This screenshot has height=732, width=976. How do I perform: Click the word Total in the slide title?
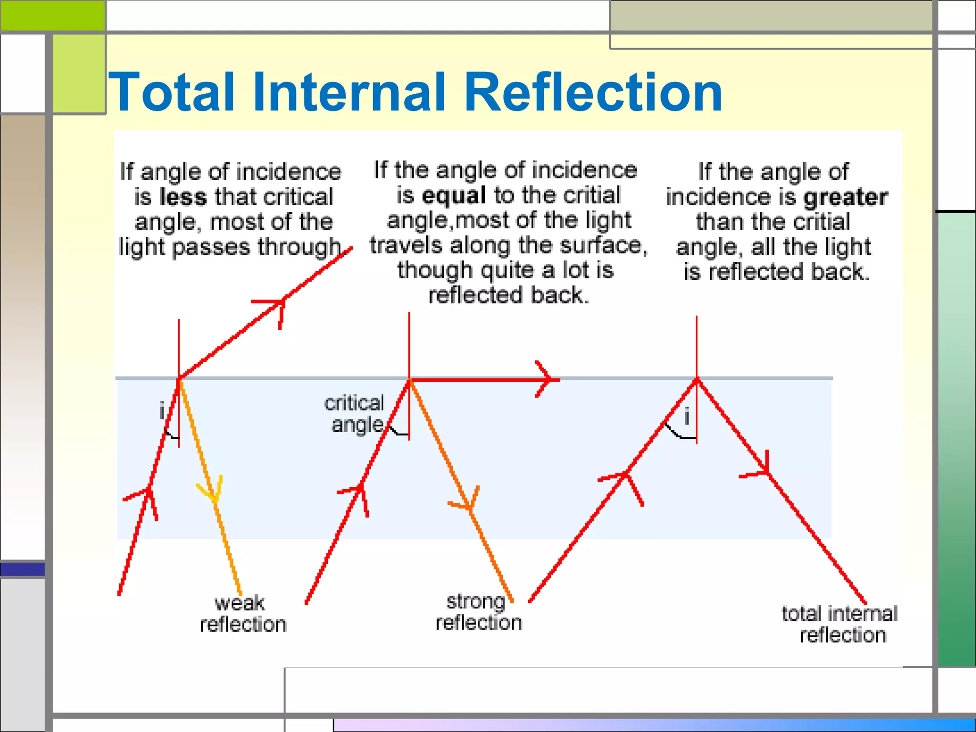tap(172, 92)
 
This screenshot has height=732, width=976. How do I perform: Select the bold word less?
tap(183, 197)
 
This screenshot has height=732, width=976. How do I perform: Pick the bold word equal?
tap(454, 195)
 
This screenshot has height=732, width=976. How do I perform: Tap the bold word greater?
tap(845, 197)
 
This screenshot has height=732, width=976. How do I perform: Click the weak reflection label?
tap(242, 614)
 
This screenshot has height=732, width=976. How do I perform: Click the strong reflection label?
tap(478, 612)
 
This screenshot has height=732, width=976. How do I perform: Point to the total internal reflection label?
tap(840, 624)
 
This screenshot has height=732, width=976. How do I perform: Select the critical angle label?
tap(355, 414)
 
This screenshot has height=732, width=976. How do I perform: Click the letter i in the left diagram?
tap(162, 410)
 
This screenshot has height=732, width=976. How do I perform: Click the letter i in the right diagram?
tap(687, 417)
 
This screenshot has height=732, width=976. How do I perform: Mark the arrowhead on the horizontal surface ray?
tap(548, 379)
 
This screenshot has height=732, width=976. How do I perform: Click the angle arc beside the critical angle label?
tap(398, 431)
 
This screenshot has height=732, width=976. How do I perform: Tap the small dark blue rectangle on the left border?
tap(22, 569)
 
